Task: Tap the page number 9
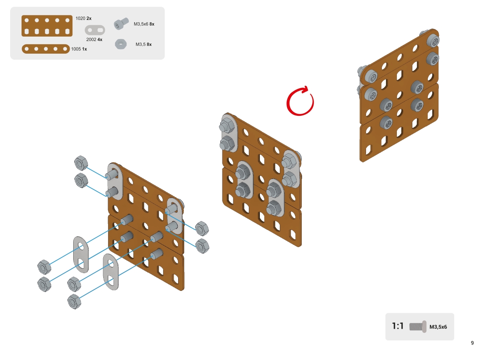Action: pos(472,343)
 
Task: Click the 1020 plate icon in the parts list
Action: pos(47,26)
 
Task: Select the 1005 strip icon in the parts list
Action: pos(46,49)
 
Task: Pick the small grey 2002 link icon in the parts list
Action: pos(95,30)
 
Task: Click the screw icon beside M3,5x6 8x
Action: pos(121,24)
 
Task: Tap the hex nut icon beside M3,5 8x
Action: pos(121,44)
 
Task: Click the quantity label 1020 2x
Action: pos(83,18)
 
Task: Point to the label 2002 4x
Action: pos(94,39)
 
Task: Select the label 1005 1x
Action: pos(79,49)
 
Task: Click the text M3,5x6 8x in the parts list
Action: pos(144,24)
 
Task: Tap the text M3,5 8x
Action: pos(144,44)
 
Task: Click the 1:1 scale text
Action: pos(398,326)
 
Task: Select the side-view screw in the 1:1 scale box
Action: pos(418,327)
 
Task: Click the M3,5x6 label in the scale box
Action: pos(438,327)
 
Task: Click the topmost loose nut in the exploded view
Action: pos(81,163)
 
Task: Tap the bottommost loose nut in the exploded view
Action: pos(74,301)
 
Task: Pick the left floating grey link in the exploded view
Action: pos(81,255)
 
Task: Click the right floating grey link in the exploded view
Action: pos(111,272)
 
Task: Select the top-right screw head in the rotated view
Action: pos(433,40)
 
